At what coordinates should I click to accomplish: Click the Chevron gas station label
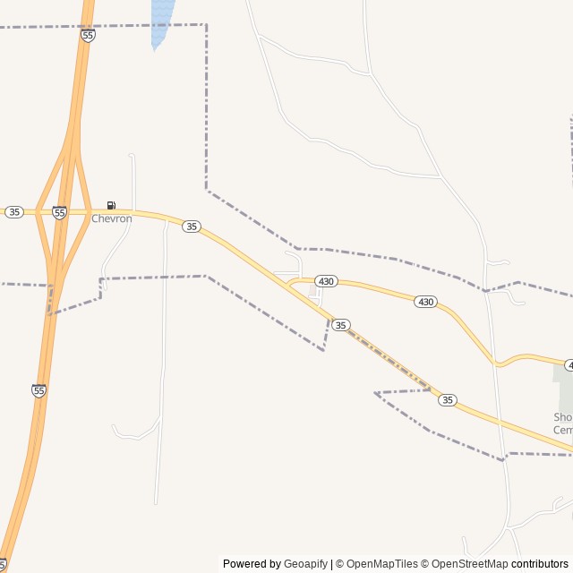coord(111,218)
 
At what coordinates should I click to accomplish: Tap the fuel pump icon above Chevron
coord(111,206)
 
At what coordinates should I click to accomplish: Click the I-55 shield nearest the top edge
coord(88,35)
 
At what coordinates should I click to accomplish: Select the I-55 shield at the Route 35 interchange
coord(59,212)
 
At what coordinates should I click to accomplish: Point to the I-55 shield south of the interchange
coord(38,390)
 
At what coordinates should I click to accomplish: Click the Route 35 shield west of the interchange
coord(13,212)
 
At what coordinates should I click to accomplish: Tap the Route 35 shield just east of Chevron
coord(192,227)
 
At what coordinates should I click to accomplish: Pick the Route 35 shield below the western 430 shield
coord(340,324)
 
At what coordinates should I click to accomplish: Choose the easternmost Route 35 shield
coord(448,400)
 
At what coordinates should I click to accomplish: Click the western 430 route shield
coord(326,281)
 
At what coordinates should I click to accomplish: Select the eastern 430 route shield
coord(425,302)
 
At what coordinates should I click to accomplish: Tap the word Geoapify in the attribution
coord(305,564)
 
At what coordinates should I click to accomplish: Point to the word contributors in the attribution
coord(541,564)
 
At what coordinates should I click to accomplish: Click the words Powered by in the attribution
coord(252,564)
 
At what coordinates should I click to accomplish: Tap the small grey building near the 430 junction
coord(313,290)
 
